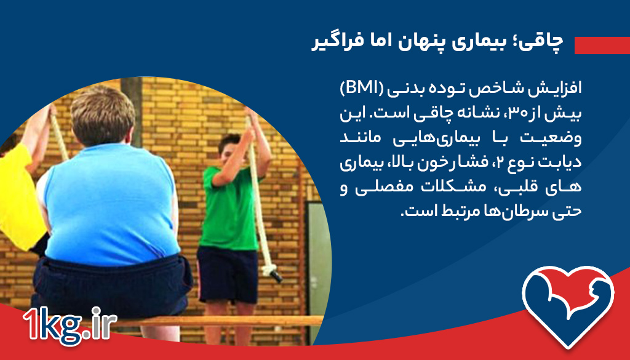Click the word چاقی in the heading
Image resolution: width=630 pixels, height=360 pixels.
(x=543, y=42)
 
